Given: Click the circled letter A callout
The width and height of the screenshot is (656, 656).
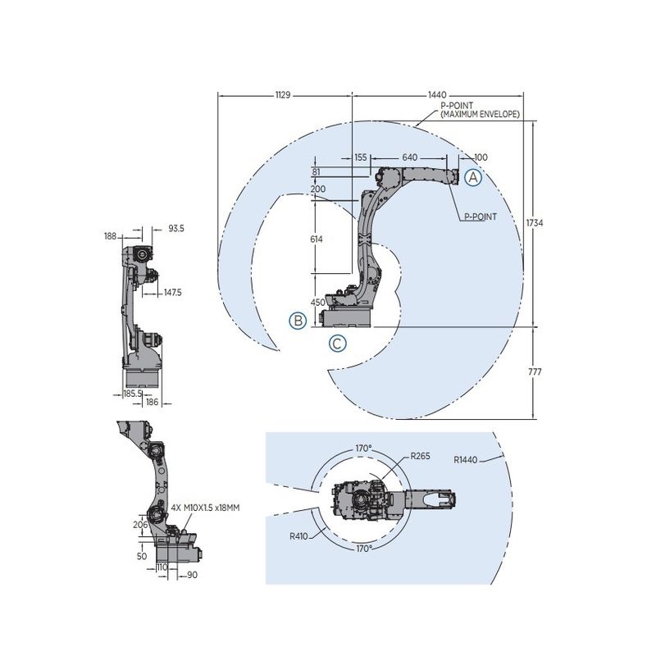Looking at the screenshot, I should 473,176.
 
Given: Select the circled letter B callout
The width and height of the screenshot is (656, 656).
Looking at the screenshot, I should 298,320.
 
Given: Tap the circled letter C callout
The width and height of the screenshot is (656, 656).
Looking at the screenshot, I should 337,344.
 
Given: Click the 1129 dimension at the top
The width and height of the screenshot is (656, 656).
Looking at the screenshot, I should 284,94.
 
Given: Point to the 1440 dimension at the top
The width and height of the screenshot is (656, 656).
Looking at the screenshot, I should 441,94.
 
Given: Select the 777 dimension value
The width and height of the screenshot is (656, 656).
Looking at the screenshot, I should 536,372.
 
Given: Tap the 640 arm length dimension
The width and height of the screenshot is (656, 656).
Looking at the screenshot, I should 411,157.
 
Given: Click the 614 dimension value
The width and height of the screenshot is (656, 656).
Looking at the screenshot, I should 317,239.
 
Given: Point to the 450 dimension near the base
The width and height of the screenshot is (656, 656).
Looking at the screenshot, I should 319,302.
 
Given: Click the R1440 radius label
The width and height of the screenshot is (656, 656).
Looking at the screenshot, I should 466,461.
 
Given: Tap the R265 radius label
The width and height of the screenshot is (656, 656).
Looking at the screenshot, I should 421,456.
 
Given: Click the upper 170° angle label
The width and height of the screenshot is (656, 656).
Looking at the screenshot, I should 363,449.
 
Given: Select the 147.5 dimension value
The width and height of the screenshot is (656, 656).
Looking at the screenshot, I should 171,291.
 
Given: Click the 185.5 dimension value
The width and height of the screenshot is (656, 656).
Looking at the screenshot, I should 133,394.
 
